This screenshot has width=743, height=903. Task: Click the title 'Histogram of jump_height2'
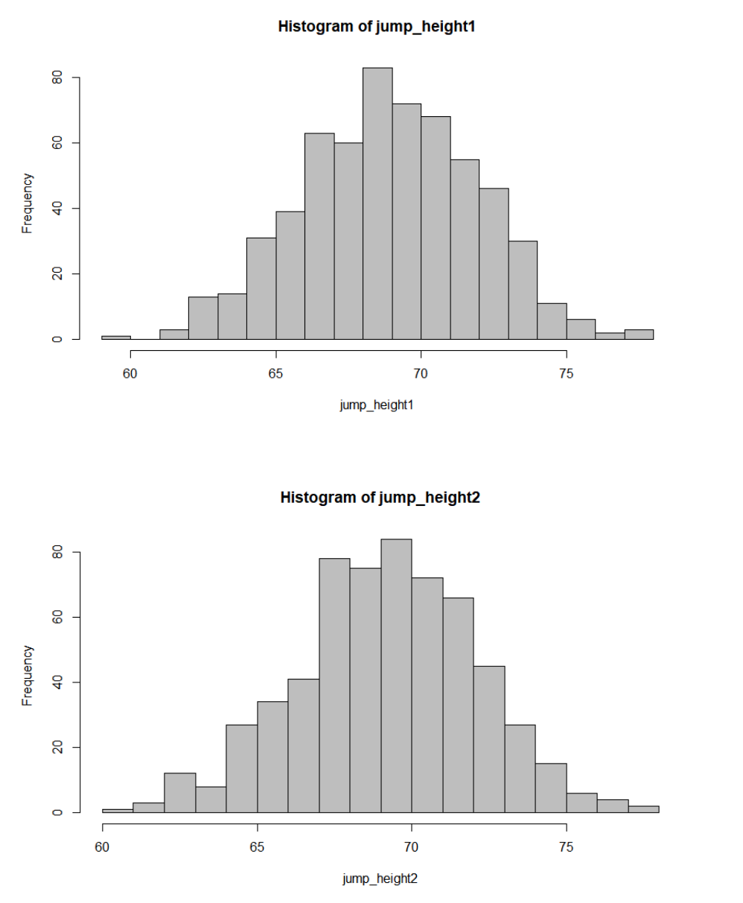[x=380, y=498]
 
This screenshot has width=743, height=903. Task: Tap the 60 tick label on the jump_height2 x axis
[x=103, y=846]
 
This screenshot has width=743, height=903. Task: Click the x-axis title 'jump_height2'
[x=380, y=878]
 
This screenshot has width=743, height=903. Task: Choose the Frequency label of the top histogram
[x=27, y=203]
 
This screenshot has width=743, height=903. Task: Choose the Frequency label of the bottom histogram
[x=27, y=675]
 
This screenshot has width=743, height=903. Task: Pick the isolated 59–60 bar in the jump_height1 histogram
[x=116, y=338]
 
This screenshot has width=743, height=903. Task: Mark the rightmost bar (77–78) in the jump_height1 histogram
[x=639, y=335]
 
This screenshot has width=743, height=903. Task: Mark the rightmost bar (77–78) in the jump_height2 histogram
[x=643, y=808]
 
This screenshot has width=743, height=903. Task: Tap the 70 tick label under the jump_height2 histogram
[x=412, y=846]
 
